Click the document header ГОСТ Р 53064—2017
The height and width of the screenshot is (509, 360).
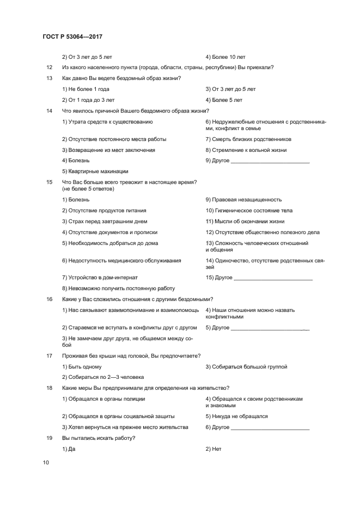(72, 36)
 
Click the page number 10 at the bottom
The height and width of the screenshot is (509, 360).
(46, 462)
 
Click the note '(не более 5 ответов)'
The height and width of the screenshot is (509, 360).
(88, 188)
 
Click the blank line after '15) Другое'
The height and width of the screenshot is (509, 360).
(273, 278)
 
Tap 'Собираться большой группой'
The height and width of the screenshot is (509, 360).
(246, 366)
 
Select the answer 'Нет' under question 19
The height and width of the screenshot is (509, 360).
(211, 449)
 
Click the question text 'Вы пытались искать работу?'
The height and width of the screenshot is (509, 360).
(99, 438)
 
